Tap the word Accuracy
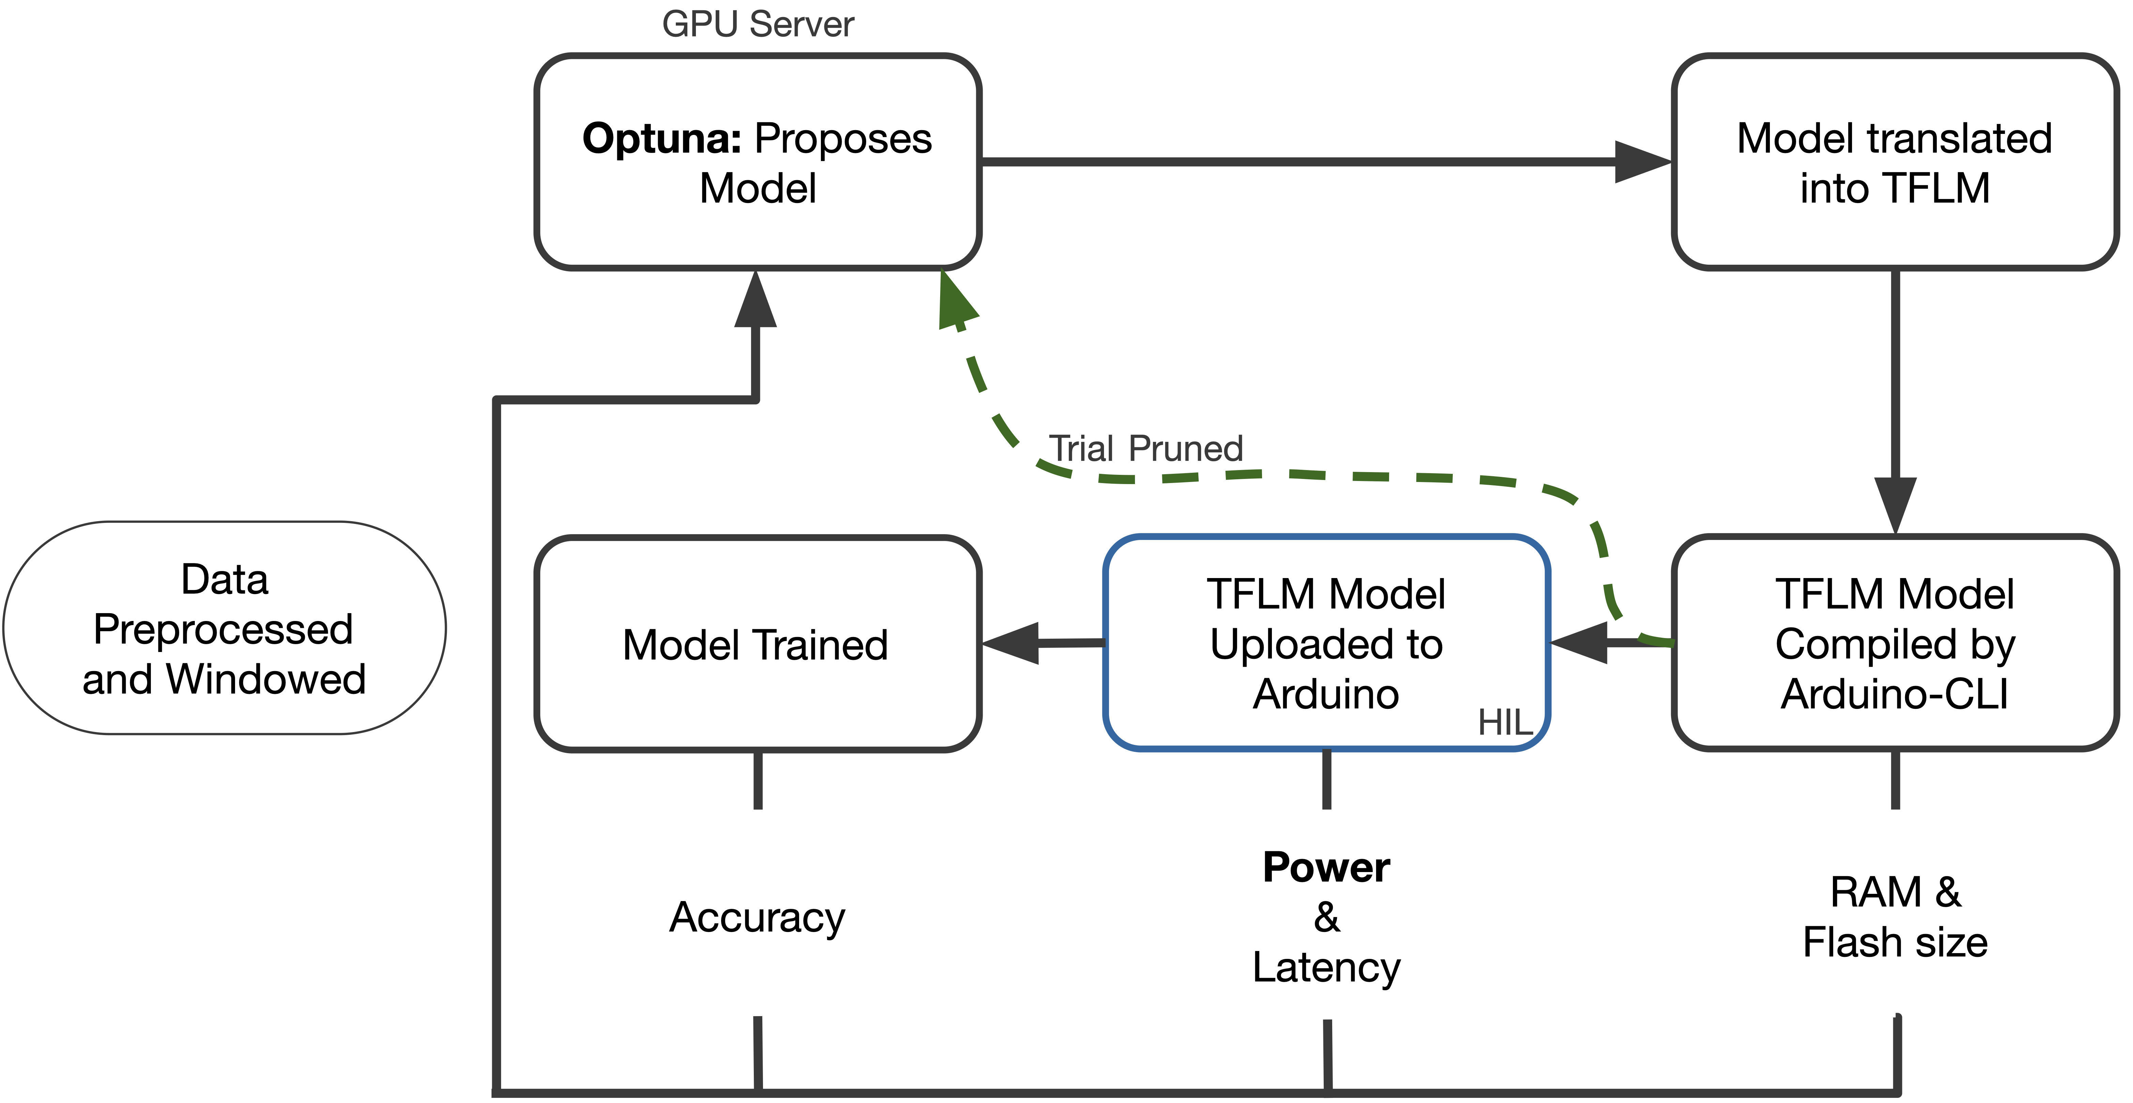coord(757,917)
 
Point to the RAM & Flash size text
coord(1895,917)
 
